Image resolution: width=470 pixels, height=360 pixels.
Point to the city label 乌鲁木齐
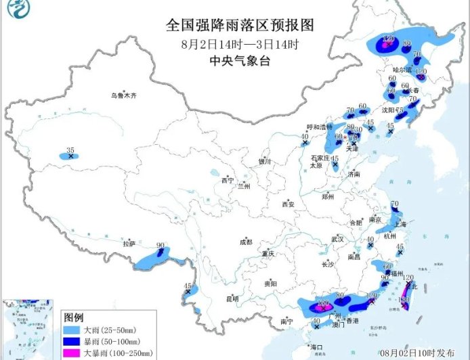coord(124,96)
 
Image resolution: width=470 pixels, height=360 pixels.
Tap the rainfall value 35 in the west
coord(70,150)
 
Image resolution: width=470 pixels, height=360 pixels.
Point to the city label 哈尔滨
coord(402,69)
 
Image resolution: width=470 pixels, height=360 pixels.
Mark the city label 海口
coord(316,346)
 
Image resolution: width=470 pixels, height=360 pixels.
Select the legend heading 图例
coord(72,317)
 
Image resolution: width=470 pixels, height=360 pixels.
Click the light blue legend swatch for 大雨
coord(72,330)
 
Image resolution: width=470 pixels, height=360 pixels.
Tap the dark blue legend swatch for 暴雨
coord(72,341)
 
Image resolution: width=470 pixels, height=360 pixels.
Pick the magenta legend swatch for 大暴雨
coord(72,353)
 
